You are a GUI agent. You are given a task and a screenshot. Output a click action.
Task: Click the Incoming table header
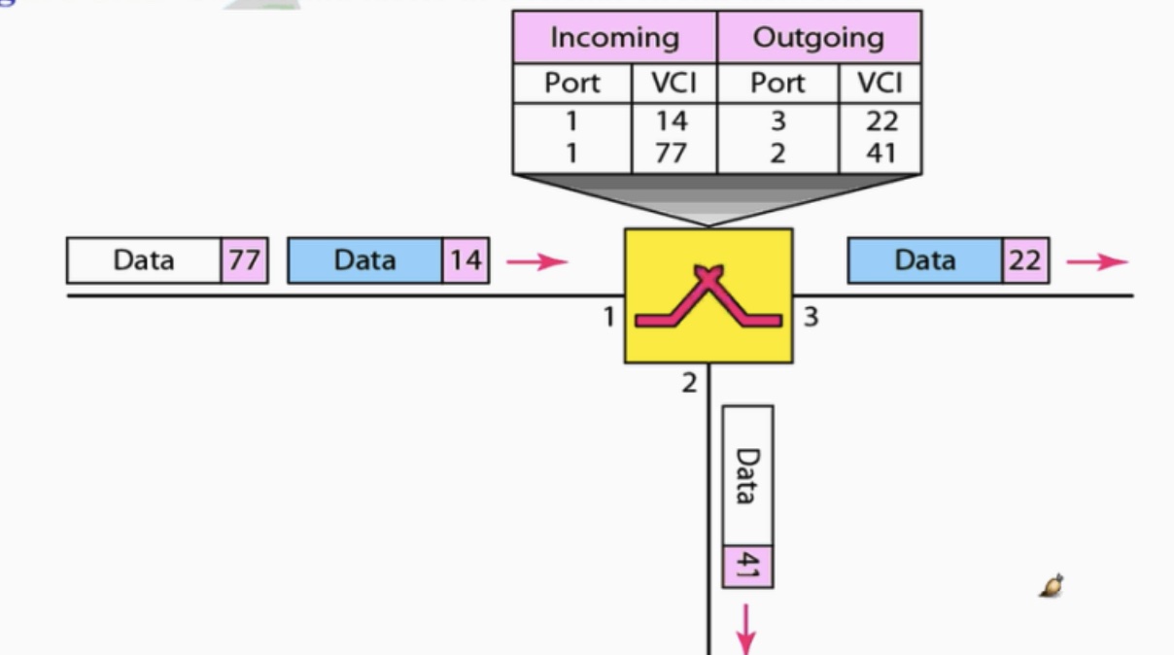614,38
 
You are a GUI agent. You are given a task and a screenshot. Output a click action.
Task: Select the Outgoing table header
818,38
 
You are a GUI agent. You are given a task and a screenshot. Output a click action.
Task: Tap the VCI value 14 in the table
671,121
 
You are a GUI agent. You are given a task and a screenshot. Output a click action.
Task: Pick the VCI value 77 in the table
671,153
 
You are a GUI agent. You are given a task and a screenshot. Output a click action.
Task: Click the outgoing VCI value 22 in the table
880,121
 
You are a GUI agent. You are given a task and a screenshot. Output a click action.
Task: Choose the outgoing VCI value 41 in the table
880,153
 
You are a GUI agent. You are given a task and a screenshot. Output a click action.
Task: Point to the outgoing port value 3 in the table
777,121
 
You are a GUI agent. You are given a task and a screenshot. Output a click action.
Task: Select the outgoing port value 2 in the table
777,153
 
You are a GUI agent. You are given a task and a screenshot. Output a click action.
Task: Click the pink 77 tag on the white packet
244,260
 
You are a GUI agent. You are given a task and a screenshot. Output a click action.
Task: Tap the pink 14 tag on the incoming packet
466,260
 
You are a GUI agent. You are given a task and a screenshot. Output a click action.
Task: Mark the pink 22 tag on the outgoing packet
1025,260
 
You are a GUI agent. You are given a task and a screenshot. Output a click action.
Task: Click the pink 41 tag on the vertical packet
747,566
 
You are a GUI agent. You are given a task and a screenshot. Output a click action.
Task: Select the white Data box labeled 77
144,260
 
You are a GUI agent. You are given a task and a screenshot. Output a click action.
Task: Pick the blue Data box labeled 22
924,260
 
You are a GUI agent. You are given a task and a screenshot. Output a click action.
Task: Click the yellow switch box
708,295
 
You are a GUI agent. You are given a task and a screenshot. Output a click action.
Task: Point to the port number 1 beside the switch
608,316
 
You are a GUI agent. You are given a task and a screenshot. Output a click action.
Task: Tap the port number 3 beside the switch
811,316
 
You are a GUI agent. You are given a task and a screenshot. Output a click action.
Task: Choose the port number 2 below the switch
689,383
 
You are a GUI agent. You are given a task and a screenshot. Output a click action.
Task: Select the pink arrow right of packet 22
1097,261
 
